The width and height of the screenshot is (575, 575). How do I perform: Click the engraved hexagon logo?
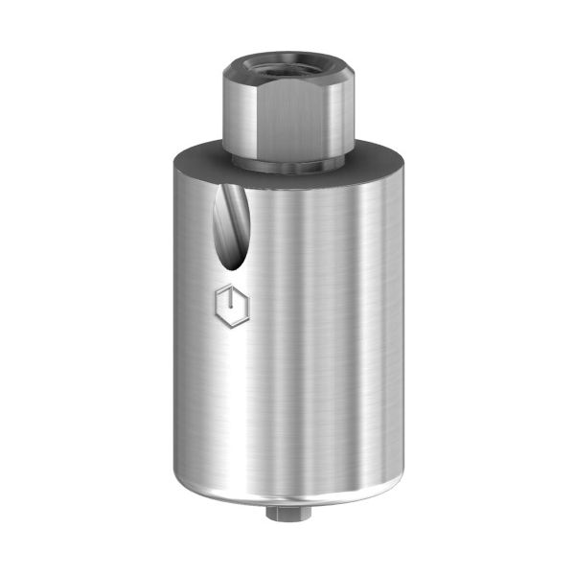tap(230, 307)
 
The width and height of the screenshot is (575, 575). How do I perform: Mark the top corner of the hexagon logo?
tap(230, 284)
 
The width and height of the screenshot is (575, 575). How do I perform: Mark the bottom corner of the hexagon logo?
tap(231, 330)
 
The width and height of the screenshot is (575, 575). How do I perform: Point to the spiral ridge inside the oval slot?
tap(230, 220)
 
